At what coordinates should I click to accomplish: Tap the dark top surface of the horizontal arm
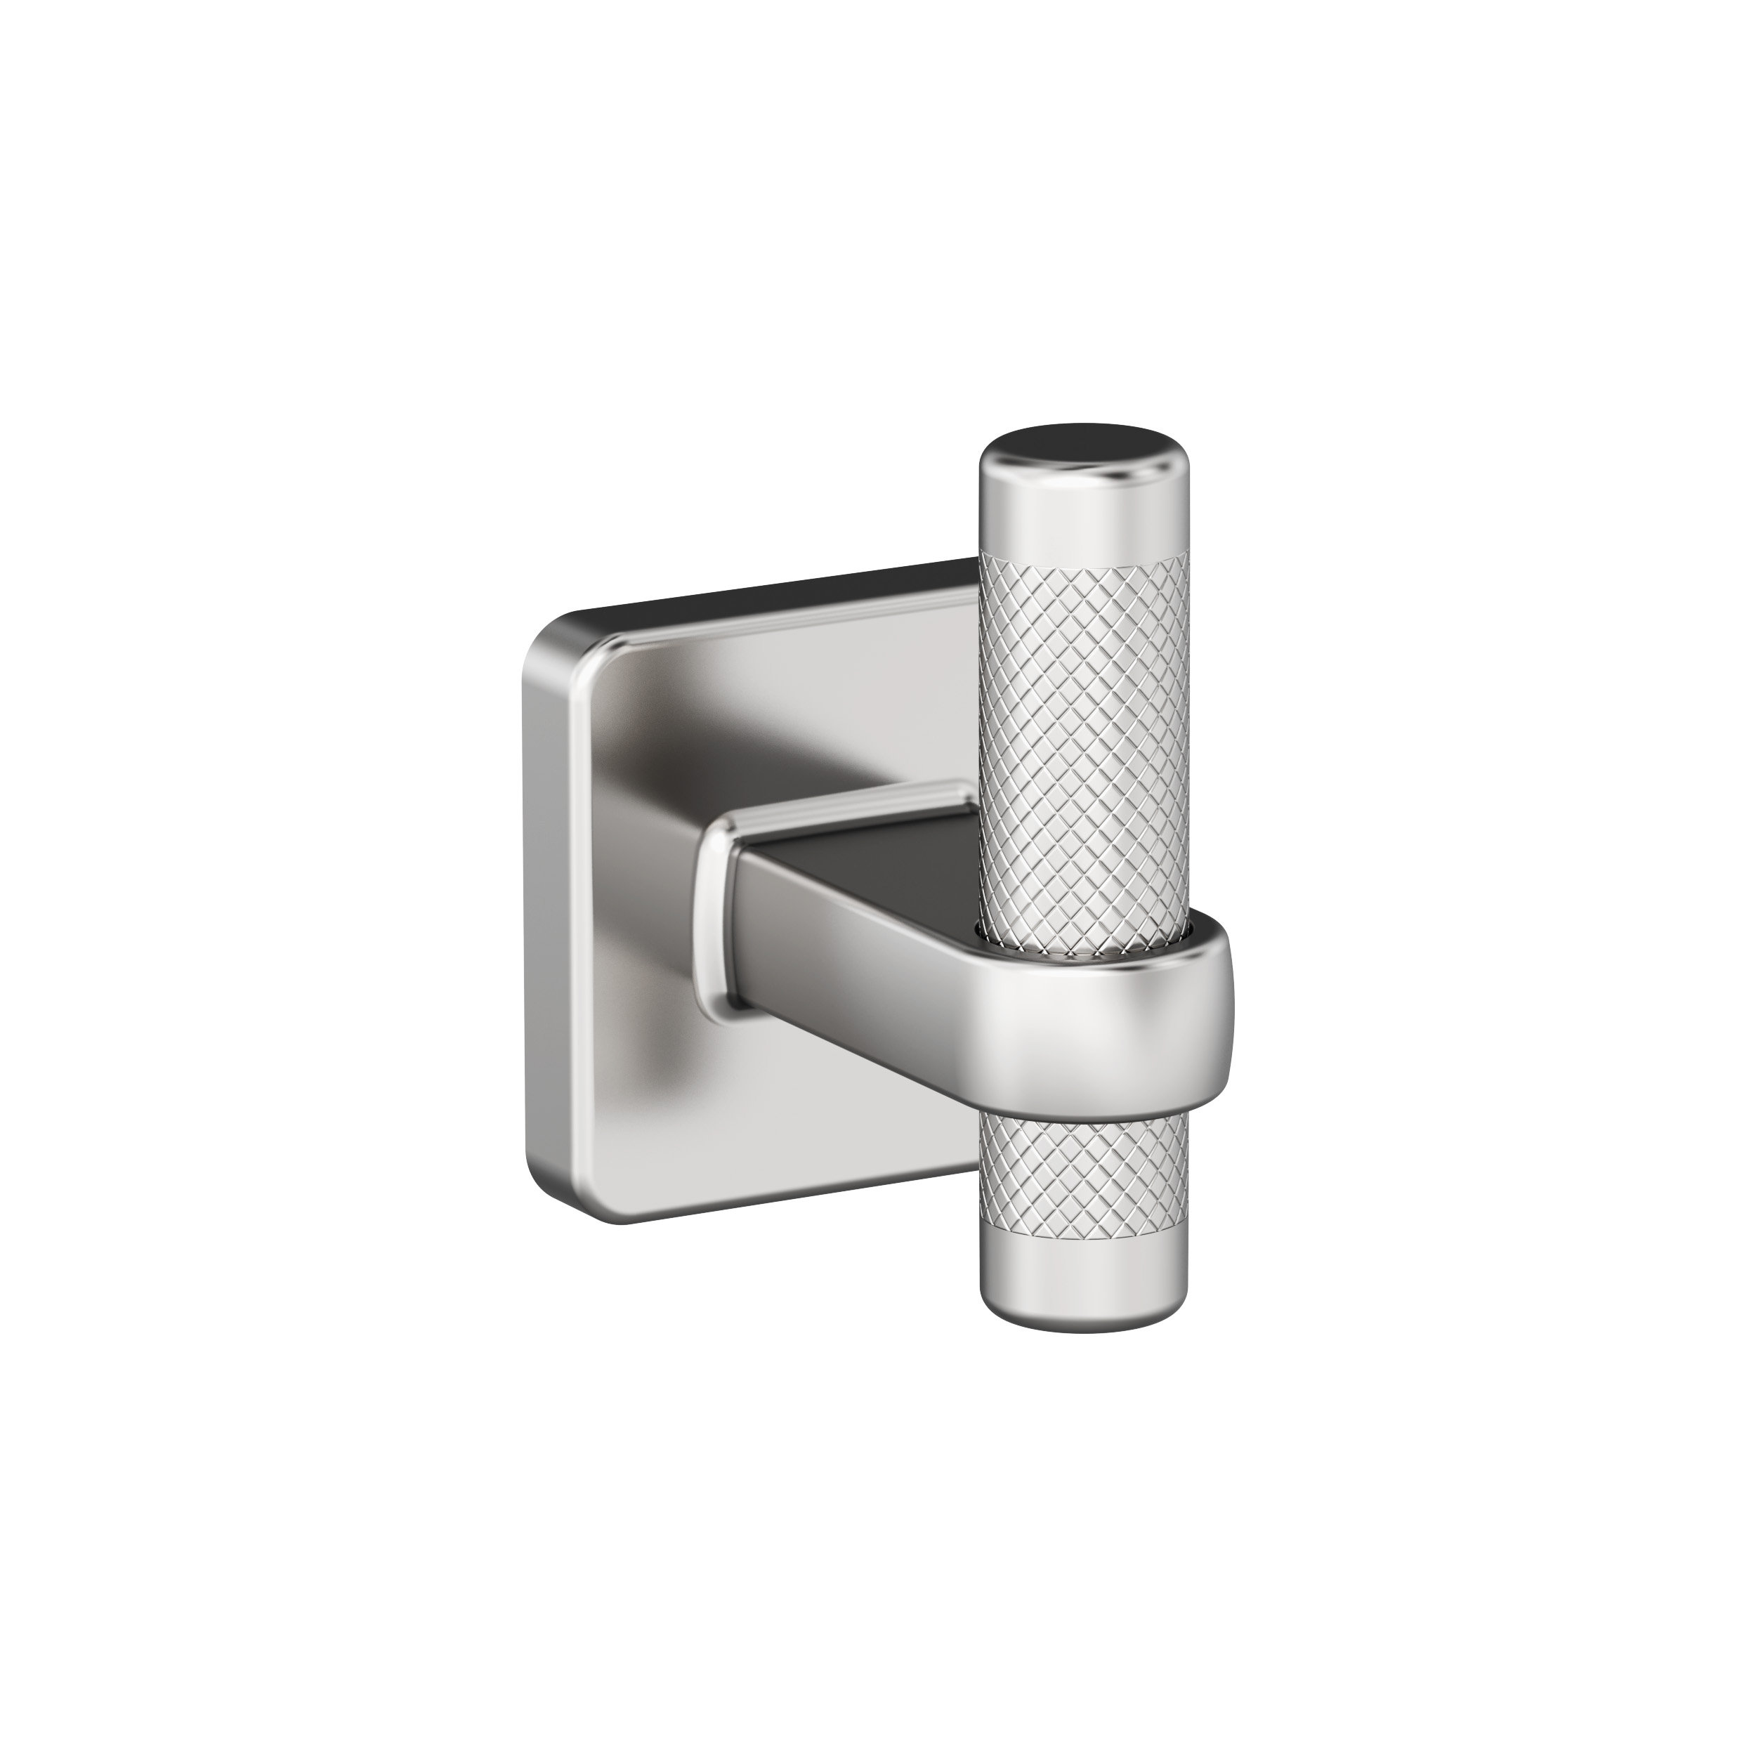[872, 850]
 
